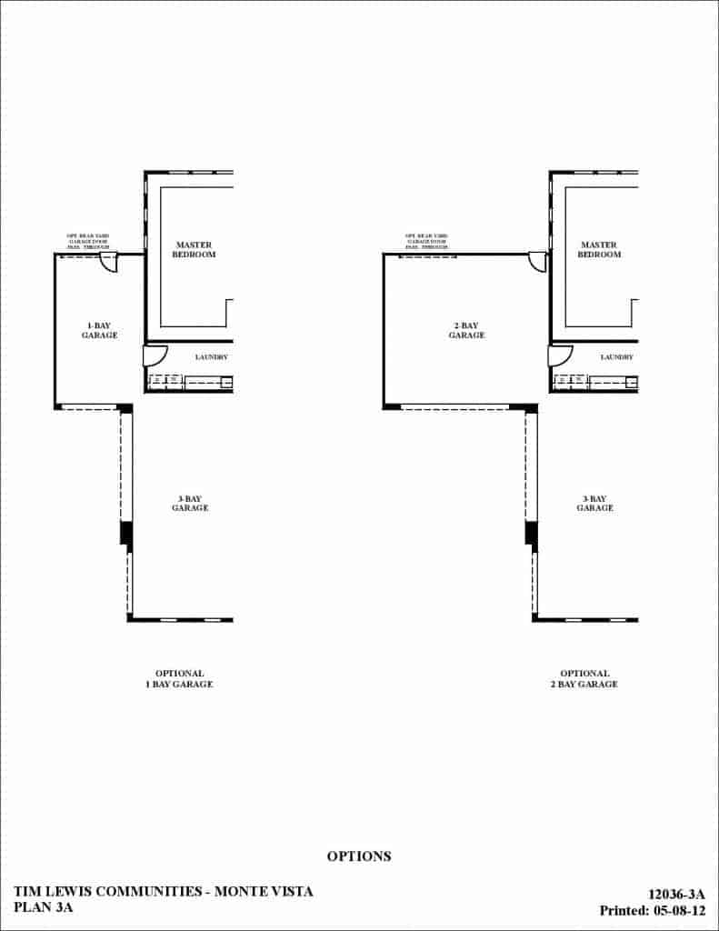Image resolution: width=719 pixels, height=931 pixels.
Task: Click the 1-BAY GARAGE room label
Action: pyautogui.click(x=102, y=330)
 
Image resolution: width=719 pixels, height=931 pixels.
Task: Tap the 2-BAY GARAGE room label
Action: pyautogui.click(x=466, y=330)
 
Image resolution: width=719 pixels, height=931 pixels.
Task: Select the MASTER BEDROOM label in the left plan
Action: pyautogui.click(x=195, y=250)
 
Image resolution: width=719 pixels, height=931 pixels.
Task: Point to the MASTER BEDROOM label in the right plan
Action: pyautogui.click(x=599, y=250)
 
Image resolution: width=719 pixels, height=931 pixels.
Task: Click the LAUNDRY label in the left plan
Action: pyautogui.click(x=211, y=357)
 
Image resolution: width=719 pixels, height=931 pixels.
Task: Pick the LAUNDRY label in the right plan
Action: pyautogui.click(x=616, y=357)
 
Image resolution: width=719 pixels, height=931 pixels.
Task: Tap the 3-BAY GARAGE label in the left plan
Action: pyautogui.click(x=189, y=503)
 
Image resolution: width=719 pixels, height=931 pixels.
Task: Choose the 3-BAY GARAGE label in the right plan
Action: pyautogui.click(x=594, y=503)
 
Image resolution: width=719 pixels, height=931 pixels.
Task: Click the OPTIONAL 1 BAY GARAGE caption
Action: pyautogui.click(x=179, y=679)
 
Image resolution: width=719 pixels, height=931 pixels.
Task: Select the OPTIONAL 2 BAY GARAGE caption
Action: pyautogui.click(x=584, y=679)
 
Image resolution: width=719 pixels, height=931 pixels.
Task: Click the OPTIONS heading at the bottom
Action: pyautogui.click(x=359, y=856)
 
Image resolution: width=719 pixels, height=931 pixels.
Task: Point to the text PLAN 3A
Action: pyautogui.click(x=43, y=907)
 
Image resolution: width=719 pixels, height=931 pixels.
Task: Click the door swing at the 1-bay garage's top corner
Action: pyautogui.click(x=108, y=262)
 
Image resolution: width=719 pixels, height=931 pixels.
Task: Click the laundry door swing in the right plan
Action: pyautogui.click(x=559, y=355)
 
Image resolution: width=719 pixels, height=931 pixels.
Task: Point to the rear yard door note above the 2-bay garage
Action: pyautogui.click(x=426, y=241)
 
